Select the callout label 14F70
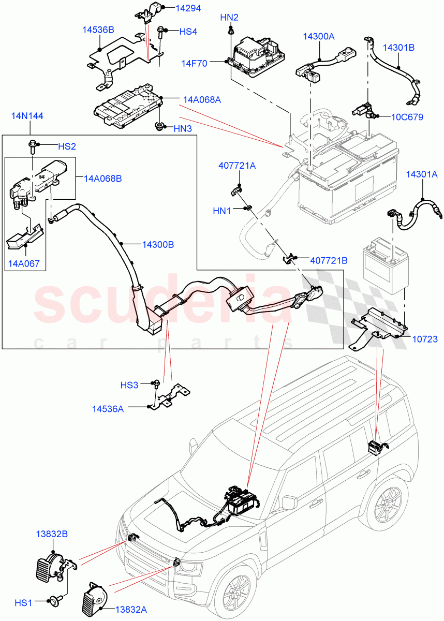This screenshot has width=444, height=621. (x=194, y=64)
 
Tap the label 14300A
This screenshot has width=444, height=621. (x=318, y=36)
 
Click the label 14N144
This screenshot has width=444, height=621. (x=27, y=115)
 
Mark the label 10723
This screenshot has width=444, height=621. (x=425, y=339)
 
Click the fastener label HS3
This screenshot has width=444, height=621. (x=129, y=385)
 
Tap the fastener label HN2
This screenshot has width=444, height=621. (x=229, y=18)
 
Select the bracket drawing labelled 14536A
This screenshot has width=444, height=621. (x=169, y=397)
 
